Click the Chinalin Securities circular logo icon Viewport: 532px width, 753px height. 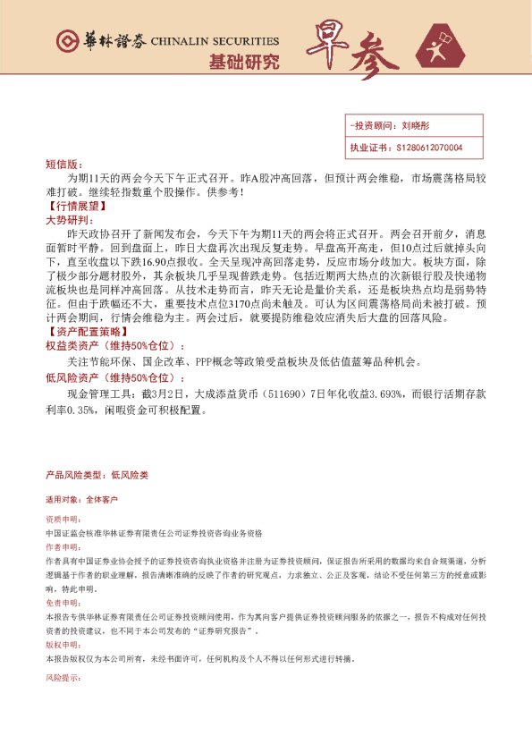pyautogui.click(x=65, y=41)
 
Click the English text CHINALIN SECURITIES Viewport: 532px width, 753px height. pyautogui.click(x=215, y=41)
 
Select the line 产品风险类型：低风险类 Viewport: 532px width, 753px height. pyautogui.click(x=97, y=475)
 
